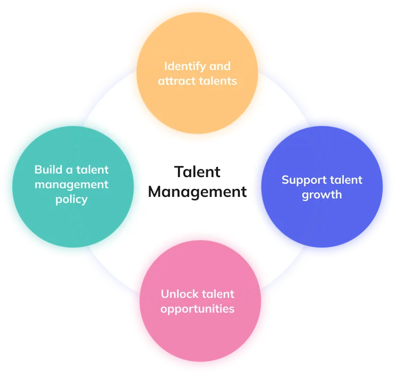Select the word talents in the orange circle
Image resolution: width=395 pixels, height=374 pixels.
(x=218, y=81)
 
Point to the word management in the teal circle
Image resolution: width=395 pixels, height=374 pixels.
(x=71, y=184)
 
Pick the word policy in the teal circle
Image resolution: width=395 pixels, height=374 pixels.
(x=71, y=199)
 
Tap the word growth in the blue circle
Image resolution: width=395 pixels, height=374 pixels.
(x=322, y=194)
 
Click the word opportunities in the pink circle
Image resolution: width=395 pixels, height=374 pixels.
(x=197, y=309)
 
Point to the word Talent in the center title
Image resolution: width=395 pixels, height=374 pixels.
(x=197, y=172)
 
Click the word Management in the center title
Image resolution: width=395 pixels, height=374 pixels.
(x=197, y=192)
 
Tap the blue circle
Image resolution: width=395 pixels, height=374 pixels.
(x=335, y=223)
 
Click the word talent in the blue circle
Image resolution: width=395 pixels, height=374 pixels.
(x=344, y=180)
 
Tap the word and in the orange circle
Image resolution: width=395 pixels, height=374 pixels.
(x=220, y=66)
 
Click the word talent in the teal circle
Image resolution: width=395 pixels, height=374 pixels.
(x=93, y=169)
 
